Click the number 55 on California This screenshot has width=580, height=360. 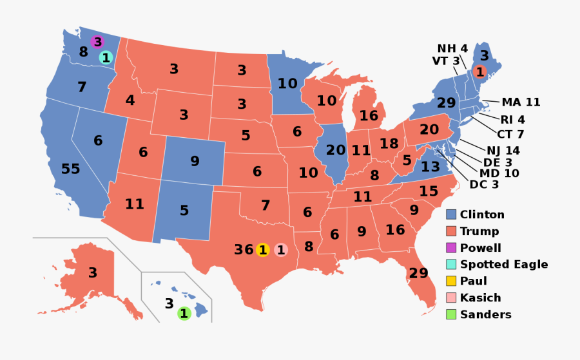(70, 169)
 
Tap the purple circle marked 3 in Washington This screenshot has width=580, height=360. (97, 42)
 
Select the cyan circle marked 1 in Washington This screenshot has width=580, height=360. (106, 58)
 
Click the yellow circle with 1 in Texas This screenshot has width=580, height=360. (262, 249)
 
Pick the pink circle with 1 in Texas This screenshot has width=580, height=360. (281, 249)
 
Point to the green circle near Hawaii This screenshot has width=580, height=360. (184, 314)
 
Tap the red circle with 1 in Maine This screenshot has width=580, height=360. (479, 71)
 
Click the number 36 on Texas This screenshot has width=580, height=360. (244, 249)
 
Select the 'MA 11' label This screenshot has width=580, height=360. (521, 102)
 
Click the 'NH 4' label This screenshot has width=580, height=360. (452, 49)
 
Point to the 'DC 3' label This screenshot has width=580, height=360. (483, 185)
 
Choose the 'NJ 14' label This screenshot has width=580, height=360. (503, 151)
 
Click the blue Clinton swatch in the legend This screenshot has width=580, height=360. (452, 214)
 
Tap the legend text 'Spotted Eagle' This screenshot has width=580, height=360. (504, 265)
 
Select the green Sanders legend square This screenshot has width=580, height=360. (452, 315)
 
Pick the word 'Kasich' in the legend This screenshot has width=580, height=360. (480, 298)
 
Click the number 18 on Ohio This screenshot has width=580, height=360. (389, 143)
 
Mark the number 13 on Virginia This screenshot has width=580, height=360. (430, 167)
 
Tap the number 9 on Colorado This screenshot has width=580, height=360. (195, 161)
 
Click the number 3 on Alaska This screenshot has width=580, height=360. (93, 273)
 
